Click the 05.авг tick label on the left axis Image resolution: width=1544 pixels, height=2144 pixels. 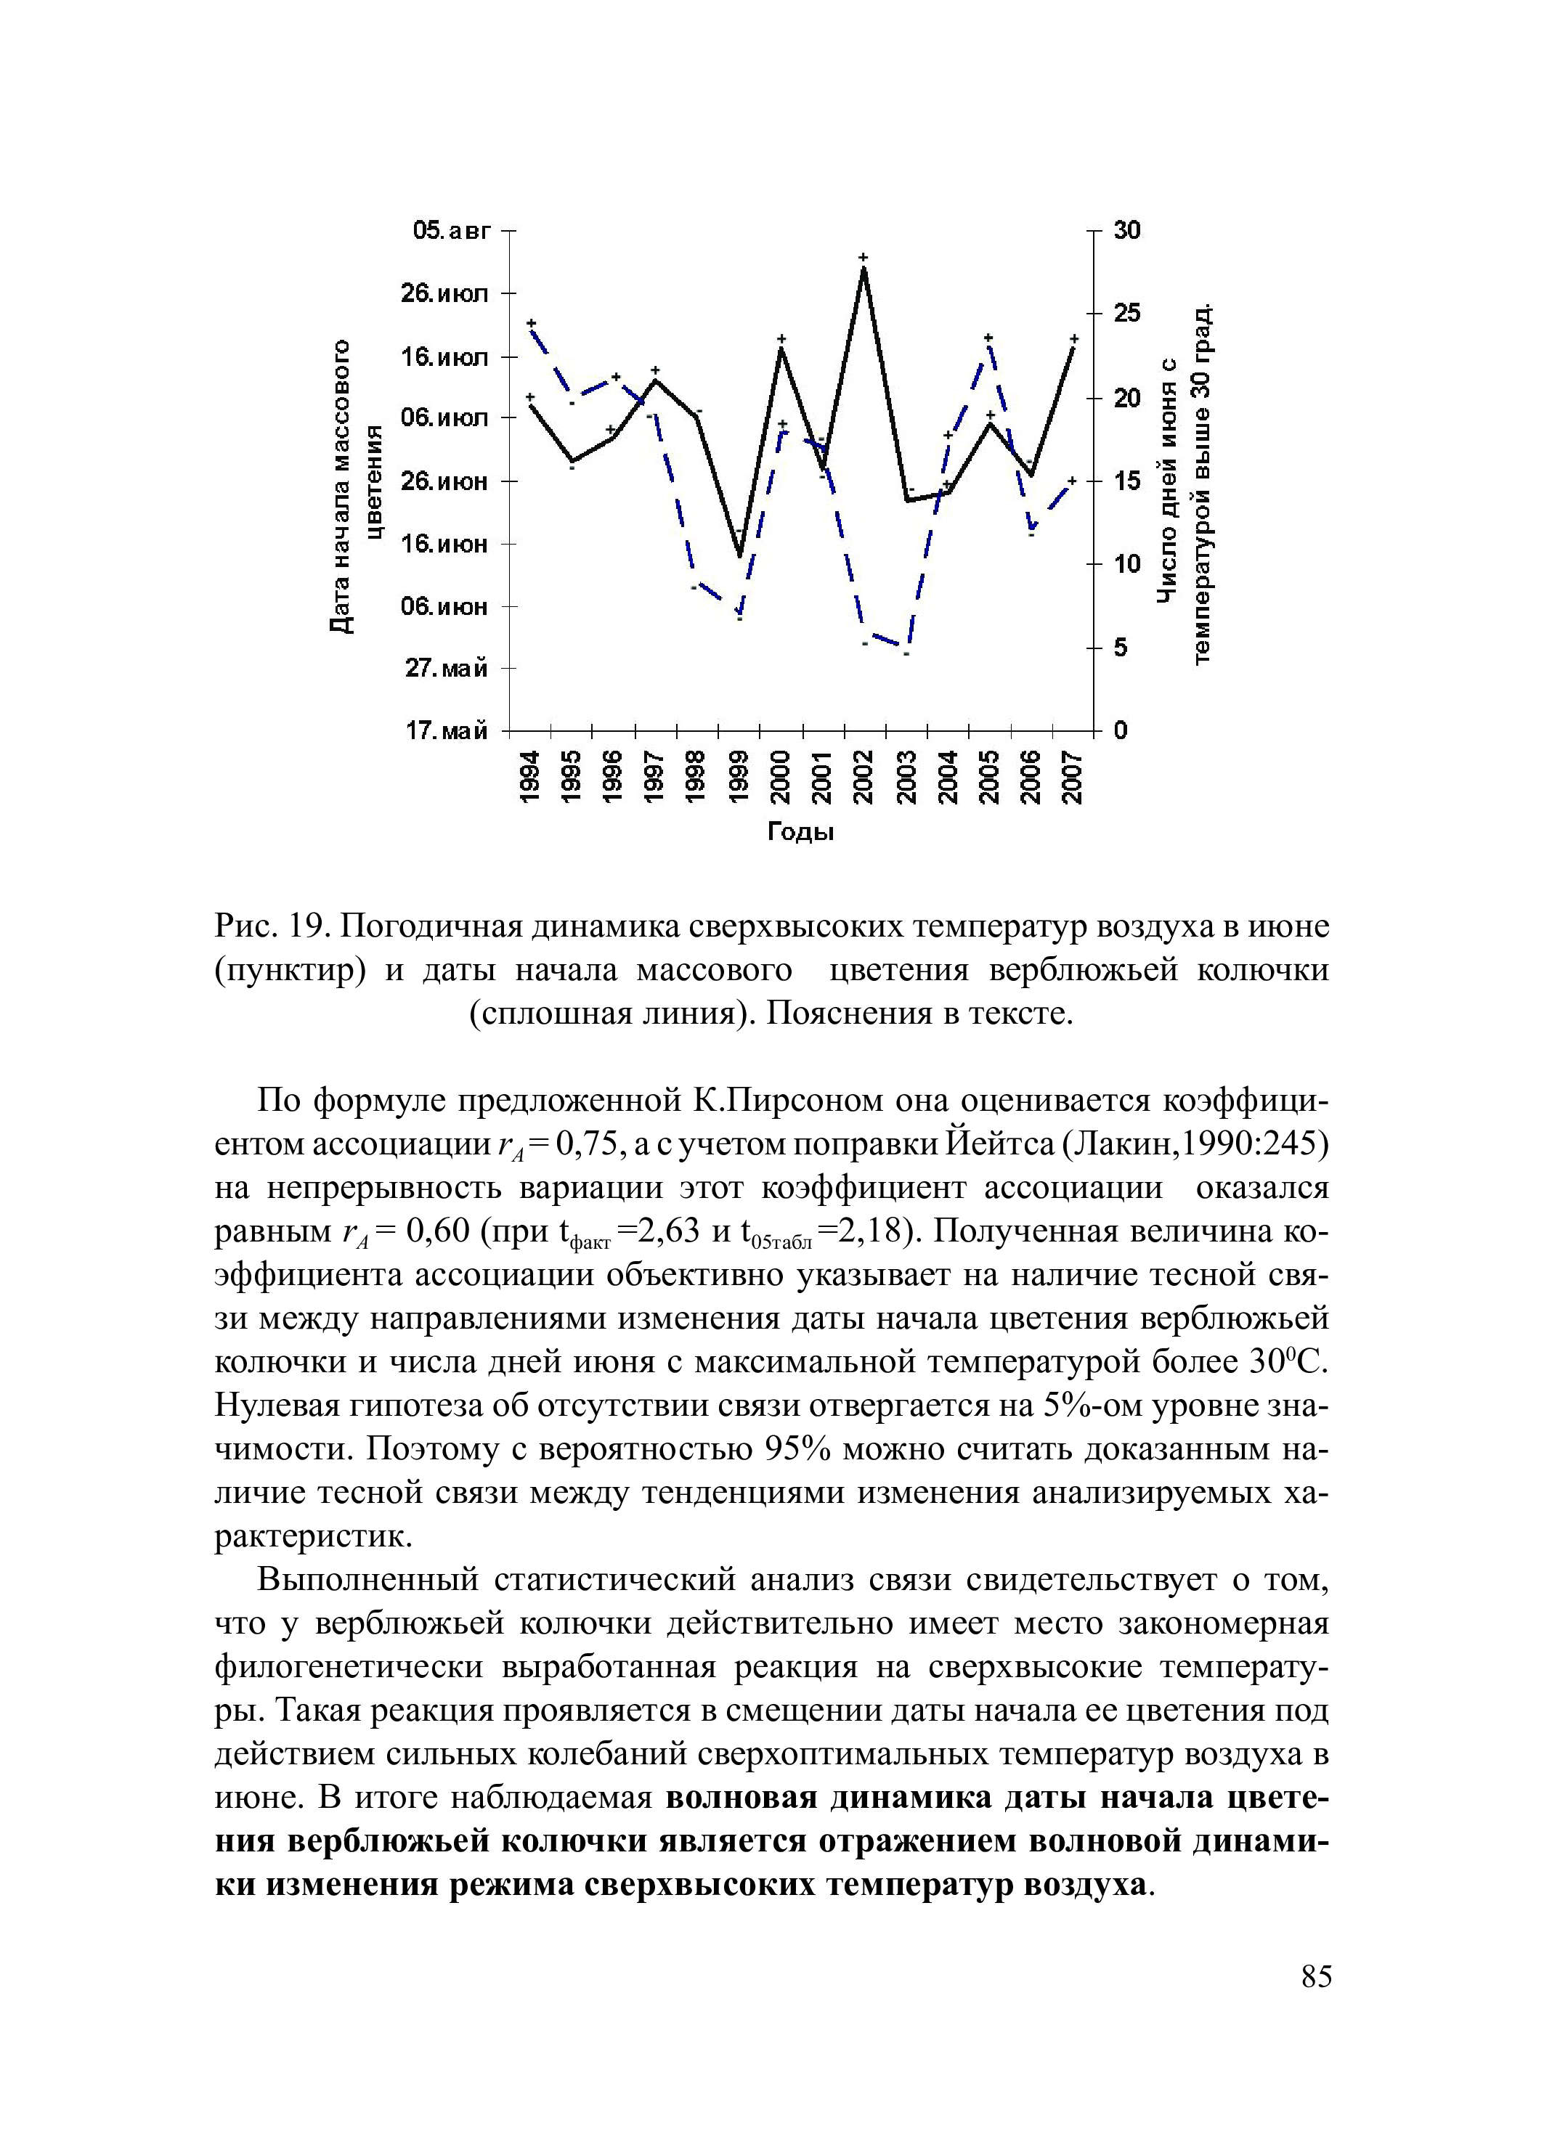pyautogui.click(x=452, y=231)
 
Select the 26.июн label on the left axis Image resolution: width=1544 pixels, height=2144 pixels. pyautogui.click(x=444, y=481)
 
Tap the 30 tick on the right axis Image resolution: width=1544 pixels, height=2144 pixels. pyautogui.click(x=1126, y=231)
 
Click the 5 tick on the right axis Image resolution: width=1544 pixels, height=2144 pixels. pyautogui.click(x=1121, y=648)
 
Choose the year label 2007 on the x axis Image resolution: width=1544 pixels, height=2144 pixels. pyautogui.click(x=1071, y=776)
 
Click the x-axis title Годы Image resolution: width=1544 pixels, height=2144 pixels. pyautogui.click(x=799, y=833)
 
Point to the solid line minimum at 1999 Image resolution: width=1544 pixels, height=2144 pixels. pyautogui.click(x=739, y=555)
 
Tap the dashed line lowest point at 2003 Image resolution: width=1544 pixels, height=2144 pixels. pyautogui.click(x=906, y=651)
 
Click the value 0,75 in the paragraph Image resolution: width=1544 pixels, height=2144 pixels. pyautogui.click(x=589, y=1145)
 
